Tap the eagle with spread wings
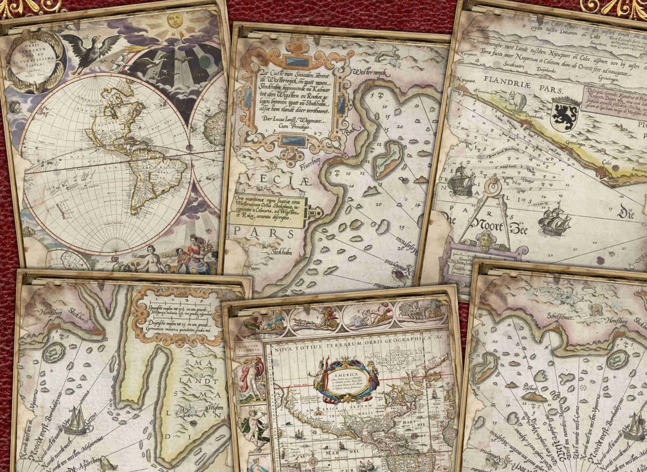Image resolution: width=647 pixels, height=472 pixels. click(x=90, y=47)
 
